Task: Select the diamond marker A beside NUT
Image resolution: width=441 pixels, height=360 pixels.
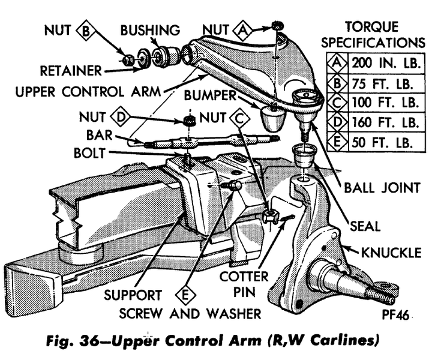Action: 244,28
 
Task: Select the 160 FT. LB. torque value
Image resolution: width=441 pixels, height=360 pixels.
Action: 385,123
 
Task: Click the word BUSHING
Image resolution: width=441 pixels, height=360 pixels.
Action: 149,29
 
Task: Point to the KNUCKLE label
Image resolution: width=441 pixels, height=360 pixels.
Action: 392,252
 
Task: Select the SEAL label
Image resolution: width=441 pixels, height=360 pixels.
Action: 365,226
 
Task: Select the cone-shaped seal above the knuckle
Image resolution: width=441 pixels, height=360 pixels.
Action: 304,157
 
